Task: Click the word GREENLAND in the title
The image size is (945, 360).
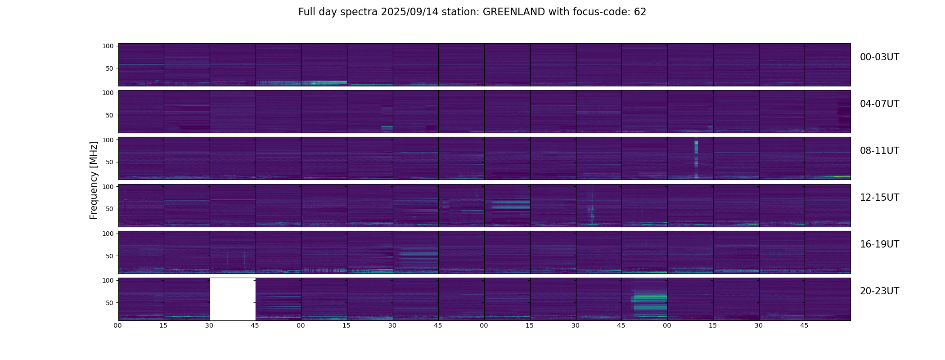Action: click(x=513, y=12)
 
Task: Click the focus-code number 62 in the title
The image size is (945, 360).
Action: click(x=640, y=12)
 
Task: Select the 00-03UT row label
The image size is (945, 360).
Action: click(x=879, y=57)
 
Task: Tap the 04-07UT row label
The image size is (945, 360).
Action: click(x=879, y=104)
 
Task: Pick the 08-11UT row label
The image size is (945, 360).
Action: click(x=879, y=151)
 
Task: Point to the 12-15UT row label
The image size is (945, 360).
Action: click(x=879, y=198)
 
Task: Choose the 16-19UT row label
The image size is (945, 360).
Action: click(x=879, y=244)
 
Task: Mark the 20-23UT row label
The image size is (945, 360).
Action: click(x=879, y=291)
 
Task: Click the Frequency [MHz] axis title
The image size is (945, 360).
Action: click(x=94, y=180)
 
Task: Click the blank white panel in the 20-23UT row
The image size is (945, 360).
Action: click(x=233, y=299)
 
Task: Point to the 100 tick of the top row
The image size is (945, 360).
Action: click(x=108, y=46)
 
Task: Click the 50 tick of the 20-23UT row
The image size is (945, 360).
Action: click(x=110, y=303)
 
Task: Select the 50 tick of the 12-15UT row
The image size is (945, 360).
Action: click(x=110, y=209)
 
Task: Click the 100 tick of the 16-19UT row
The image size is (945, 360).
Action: click(x=108, y=234)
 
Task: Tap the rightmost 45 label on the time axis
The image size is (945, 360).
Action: click(x=805, y=325)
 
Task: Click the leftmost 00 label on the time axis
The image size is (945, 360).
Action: click(x=118, y=325)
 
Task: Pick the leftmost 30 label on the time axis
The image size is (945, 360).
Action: click(x=209, y=325)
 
